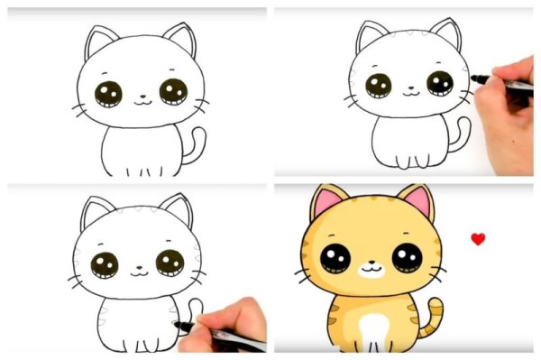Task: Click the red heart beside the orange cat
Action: [478, 239]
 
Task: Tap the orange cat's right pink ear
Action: [417, 203]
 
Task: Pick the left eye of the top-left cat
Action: [110, 93]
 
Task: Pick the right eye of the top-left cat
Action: [173, 91]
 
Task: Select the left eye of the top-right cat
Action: [379, 86]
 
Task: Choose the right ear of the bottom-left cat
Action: [177, 210]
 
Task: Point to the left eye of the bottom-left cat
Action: [105, 264]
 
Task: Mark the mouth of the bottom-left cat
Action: [139, 271]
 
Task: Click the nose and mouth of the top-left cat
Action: [142, 99]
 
